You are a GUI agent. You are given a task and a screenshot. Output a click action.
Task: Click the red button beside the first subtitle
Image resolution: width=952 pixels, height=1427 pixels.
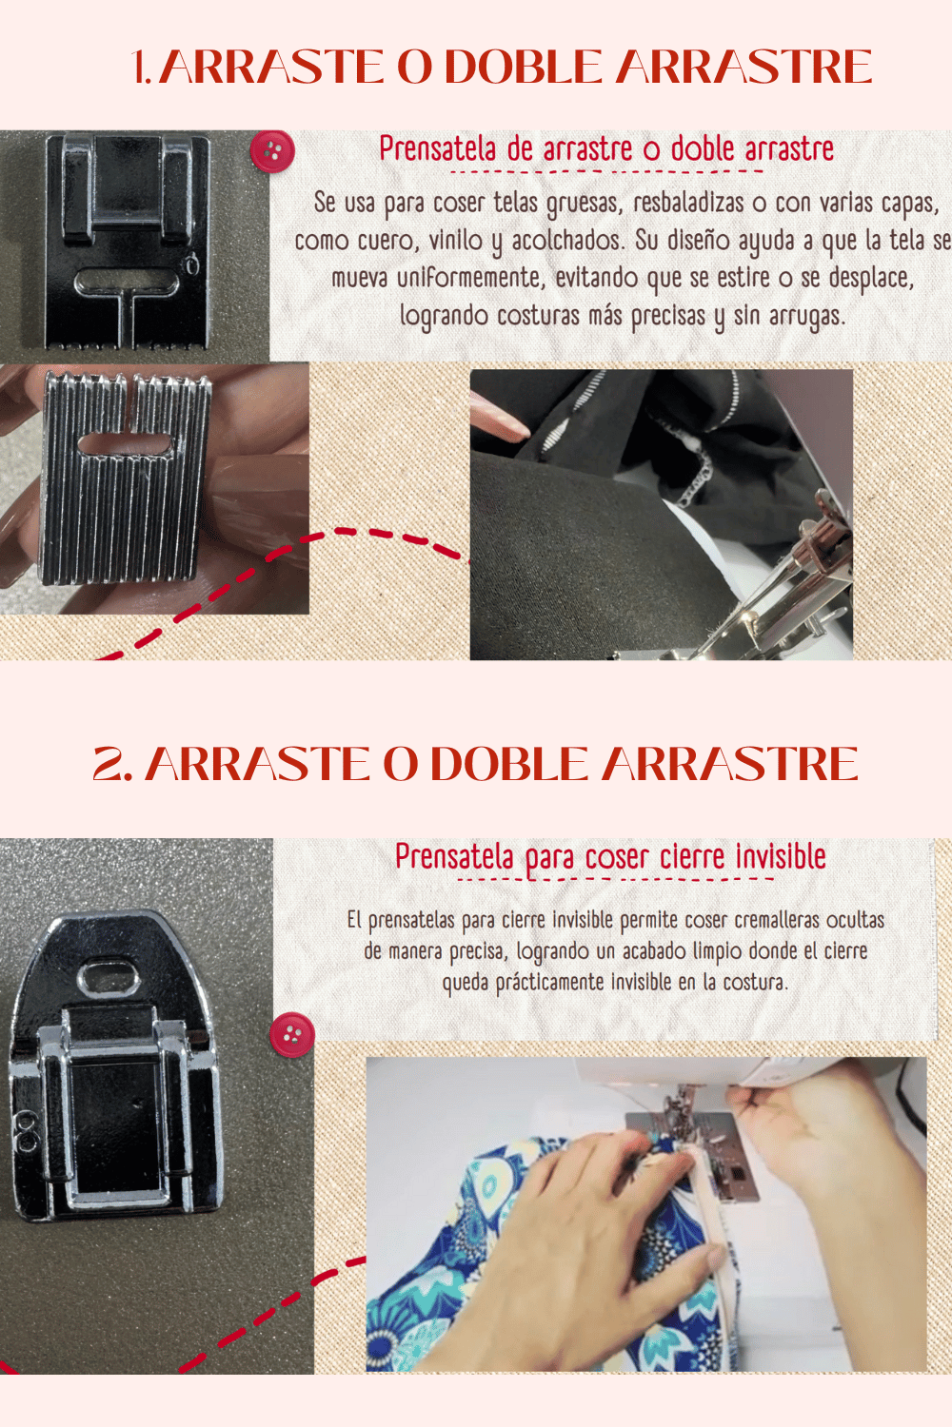tap(272, 152)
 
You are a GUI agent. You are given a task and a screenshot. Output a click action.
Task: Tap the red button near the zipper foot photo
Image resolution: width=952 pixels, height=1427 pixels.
tap(292, 1034)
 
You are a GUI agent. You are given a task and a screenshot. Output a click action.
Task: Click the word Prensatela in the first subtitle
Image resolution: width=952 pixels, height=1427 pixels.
tap(437, 148)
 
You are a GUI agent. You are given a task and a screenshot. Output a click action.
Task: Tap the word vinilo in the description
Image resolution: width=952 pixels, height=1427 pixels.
tap(456, 240)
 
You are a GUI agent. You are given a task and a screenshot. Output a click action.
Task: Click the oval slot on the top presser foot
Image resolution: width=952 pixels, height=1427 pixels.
tap(127, 281)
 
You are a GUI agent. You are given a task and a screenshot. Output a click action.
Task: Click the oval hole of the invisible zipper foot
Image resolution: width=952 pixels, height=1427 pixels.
tap(109, 977)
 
